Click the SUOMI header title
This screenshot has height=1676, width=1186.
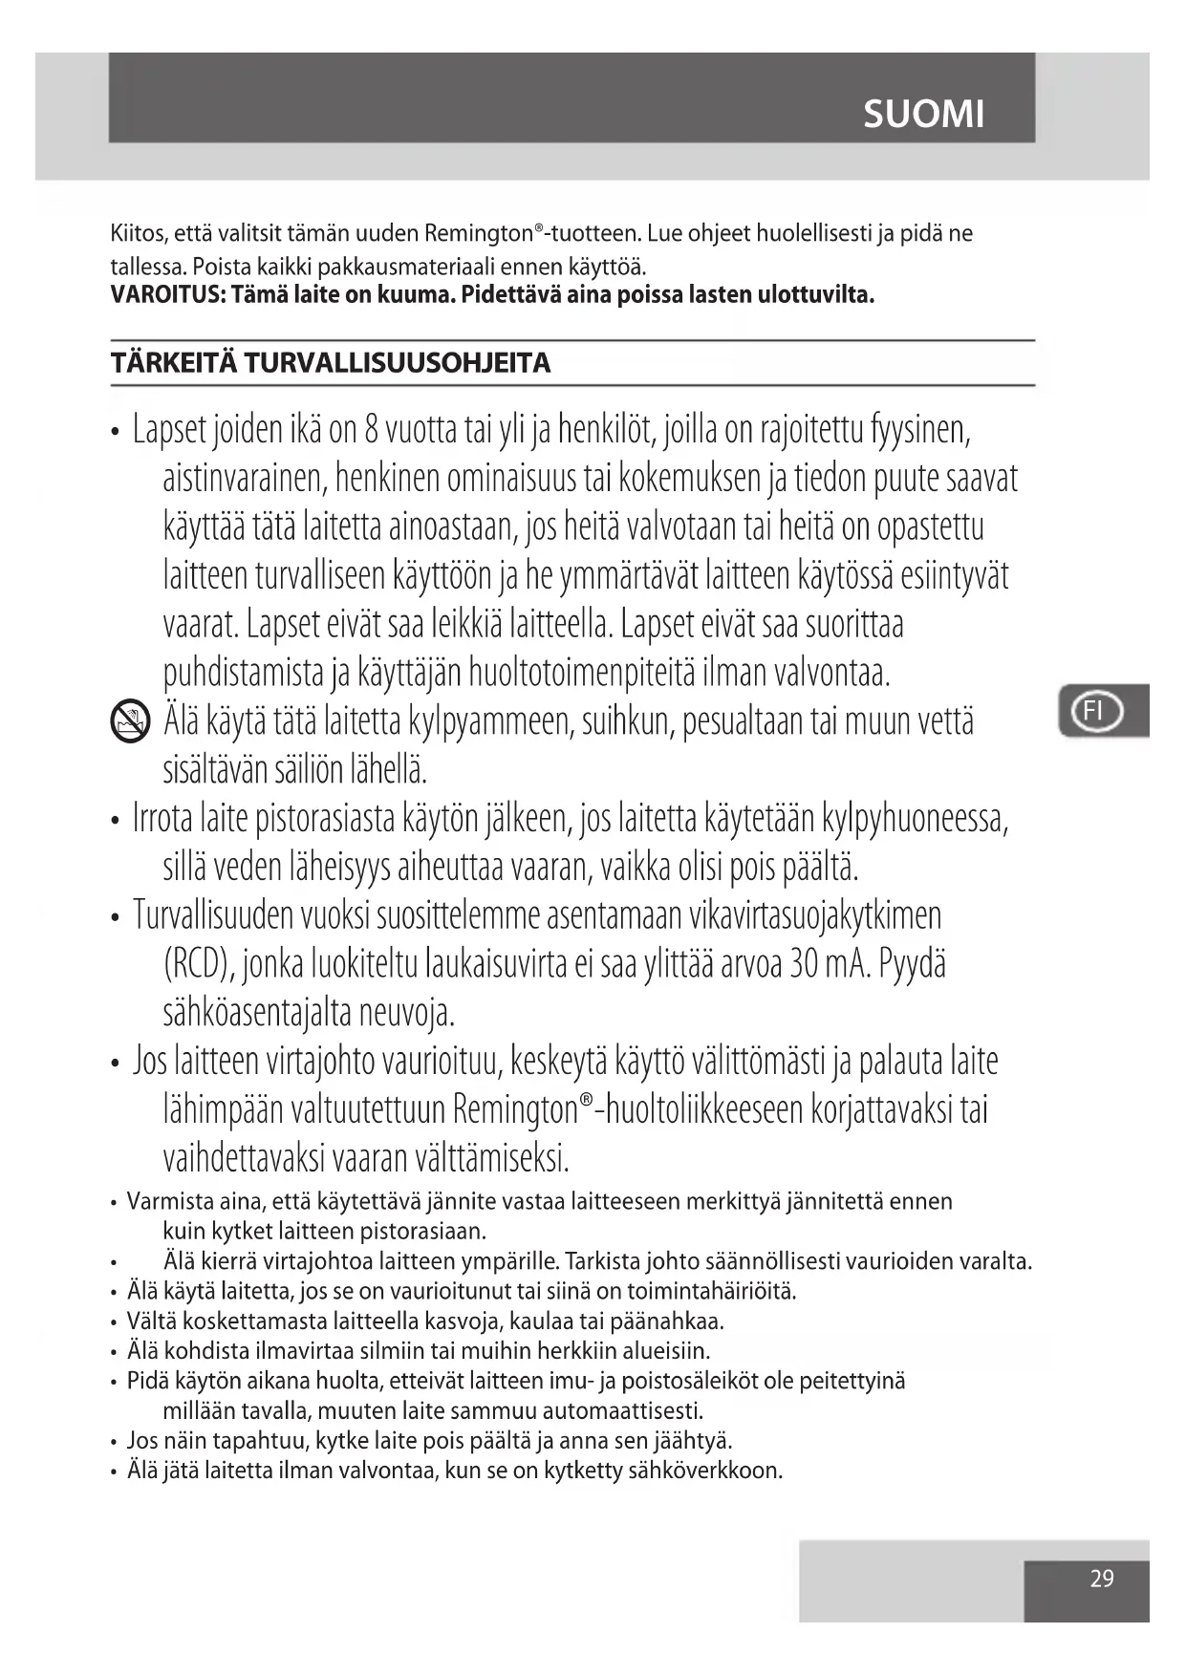(923, 114)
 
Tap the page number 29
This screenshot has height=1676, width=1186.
(1102, 1579)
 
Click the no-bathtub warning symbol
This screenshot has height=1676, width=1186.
(130, 720)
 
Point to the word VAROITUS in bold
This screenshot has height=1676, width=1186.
(164, 294)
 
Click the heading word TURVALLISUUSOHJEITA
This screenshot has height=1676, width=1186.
(398, 363)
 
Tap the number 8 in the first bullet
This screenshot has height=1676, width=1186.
(371, 431)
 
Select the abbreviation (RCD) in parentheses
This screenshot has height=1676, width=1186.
(199, 965)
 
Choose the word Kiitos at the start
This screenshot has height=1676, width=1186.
(138, 234)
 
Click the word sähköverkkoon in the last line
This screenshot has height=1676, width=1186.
(704, 1471)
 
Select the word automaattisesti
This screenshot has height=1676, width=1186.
(622, 1411)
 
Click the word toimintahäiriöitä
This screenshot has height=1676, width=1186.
(711, 1292)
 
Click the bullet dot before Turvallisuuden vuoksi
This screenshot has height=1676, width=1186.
(115, 918)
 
